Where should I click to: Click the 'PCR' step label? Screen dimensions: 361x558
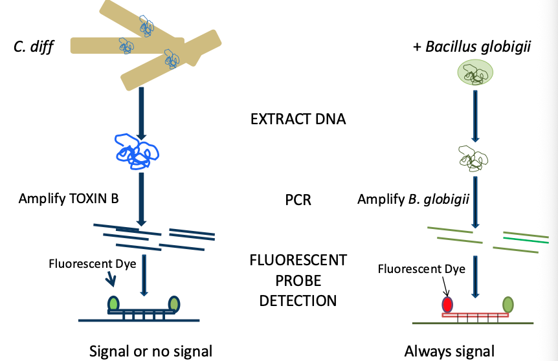tap(298, 200)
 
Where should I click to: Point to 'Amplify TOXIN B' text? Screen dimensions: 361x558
tap(69, 199)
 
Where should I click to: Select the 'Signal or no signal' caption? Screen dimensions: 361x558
tap(151, 351)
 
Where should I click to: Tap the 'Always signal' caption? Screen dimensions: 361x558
tap(449, 351)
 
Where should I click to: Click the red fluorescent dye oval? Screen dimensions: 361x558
tap(447, 304)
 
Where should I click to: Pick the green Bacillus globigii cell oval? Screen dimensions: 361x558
tap(476, 72)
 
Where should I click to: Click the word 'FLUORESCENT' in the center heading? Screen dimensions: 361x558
tap(298, 261)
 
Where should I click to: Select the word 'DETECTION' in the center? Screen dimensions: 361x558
tap(298, 300)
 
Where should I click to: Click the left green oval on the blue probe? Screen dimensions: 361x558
tap(115, 303)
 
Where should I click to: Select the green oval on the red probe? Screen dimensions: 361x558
tap(508, 303)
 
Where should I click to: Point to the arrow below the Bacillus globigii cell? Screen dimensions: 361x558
tap(476, 115)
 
